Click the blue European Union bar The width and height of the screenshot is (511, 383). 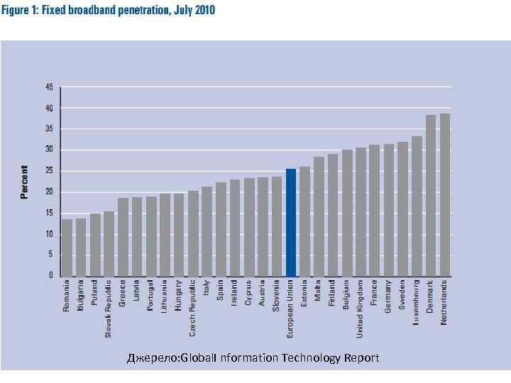(291, 222)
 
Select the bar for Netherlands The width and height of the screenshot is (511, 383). (445, 194)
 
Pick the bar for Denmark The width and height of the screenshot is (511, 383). (431, 195)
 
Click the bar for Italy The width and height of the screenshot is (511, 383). (207, 231)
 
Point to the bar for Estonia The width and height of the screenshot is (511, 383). (304, 221)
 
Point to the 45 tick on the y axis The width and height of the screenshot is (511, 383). (49, 87)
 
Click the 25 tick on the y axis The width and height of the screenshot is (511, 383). (49, 171)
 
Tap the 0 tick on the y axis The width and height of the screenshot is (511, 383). (51, 275)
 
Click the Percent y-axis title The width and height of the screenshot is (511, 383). (25, 182)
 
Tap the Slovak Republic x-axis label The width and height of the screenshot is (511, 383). (109, 308)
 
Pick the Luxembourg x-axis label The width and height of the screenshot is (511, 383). (417, 303)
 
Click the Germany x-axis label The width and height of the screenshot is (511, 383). (389, 298)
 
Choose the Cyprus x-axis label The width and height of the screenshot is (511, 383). (248, 293)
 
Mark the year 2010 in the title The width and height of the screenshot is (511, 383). (202, 11)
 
